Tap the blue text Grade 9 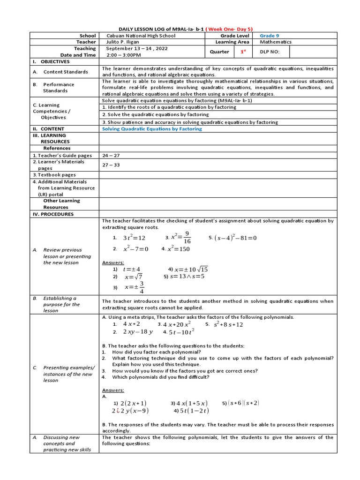[270, 36]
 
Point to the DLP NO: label [270, 52]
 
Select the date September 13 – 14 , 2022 [136, 48]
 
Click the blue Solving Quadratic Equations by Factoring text [152, 129]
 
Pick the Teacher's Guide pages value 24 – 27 [111, 155]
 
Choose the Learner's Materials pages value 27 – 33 [111, 165]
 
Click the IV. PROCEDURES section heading [53, 214]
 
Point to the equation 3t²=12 [134, 238]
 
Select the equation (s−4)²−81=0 [235, 238]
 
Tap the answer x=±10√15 [191, 270]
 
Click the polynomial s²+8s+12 [228, 324]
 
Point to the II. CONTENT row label [48, 129]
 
